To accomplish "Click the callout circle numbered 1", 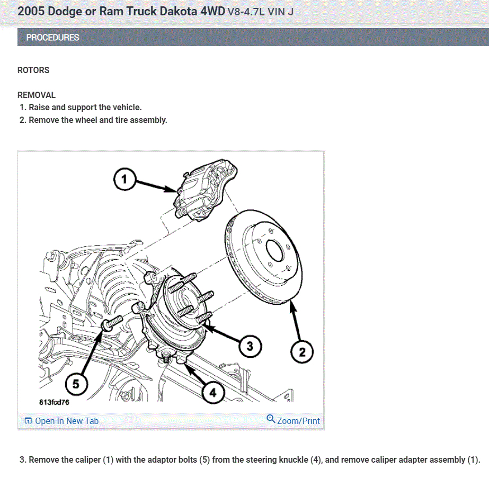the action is click(125, 180).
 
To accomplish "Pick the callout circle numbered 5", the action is click(76, 384).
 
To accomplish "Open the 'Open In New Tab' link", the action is click(66, 421).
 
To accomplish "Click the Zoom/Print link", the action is click(298, 421).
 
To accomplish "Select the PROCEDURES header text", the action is click(52, 38).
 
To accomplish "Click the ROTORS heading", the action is click(33, 70).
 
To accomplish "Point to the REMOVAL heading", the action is click(37, 95).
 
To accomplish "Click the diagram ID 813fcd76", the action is click(54, 402).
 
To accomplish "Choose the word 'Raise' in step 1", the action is click(39, 108).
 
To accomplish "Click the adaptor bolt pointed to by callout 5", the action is click(112, 322).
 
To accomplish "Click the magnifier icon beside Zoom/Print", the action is click(271, 419).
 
